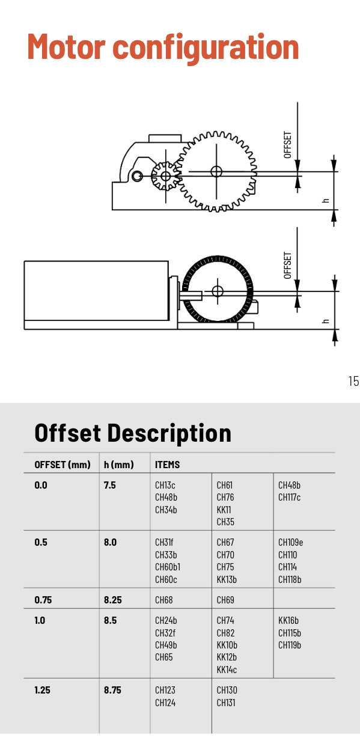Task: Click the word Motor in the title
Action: coord(66,47)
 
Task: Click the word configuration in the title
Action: coord(206,49)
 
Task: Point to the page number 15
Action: coord(353,381)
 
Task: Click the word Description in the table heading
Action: coord(169,433)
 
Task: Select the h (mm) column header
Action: coord(118,465)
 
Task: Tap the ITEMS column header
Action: coord(167,465)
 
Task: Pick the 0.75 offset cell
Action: coord(43,600)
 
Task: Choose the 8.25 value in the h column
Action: coord(112,600)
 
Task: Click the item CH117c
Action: coord(289,497)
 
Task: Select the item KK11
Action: coord(224,510)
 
